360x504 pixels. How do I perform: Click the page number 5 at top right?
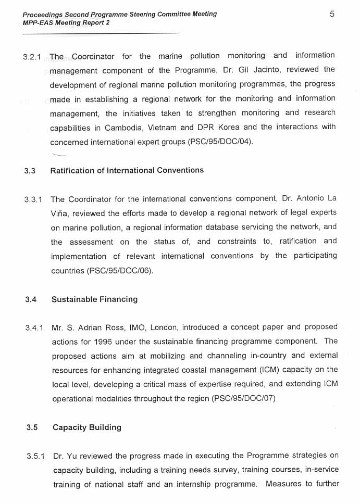click(332, 14)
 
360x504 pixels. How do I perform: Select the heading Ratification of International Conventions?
click(127, 170)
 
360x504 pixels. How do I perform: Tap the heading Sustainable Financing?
click(94, 299)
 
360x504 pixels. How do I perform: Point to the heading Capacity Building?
click(86, 427)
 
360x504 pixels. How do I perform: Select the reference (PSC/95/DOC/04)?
click(220, 142)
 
